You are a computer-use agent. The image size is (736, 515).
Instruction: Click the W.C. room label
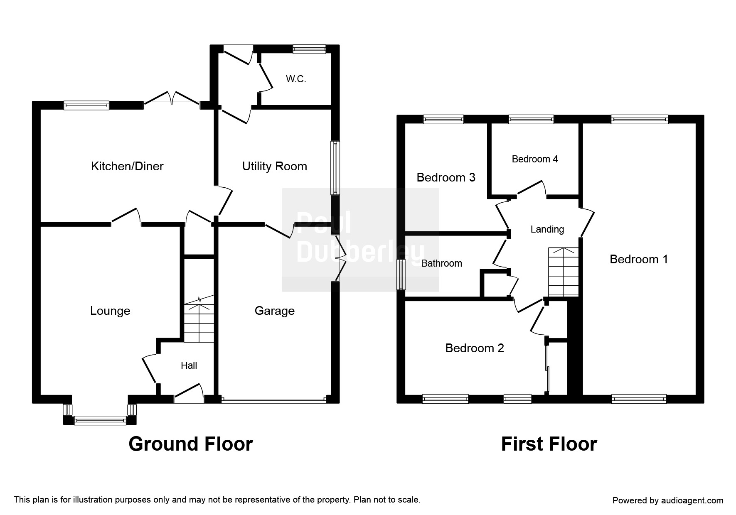pos(296,79)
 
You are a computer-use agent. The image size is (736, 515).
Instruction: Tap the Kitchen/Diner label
pos(127,166)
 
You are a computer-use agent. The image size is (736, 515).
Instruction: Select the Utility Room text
pos(275,166)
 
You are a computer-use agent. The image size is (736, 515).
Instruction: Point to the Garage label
pos(275,311)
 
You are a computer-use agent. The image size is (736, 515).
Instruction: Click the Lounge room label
pos(110,311)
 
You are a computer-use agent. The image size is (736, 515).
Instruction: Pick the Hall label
pos(189,365)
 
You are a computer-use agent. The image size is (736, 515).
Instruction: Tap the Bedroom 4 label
pos(535,159)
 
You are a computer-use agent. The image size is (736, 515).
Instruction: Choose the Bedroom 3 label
pos(446,177)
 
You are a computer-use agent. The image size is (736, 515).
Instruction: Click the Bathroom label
pos(442,263)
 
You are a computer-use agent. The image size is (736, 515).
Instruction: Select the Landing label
pos(547,229)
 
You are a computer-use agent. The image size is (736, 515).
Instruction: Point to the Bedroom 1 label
pos(639,259)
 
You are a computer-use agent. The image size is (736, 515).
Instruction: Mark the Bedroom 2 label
pos(475,348)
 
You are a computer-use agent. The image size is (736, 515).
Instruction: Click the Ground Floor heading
pos(191,444)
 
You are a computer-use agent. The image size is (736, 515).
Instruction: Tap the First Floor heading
pos(549,444)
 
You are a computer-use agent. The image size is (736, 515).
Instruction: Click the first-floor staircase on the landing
pos(564,272)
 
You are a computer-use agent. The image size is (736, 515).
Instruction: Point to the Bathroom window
pos(401,275)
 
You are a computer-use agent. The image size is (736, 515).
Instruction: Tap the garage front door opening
pos(274,400)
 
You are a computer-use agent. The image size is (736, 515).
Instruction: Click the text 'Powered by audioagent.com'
pos(668,500)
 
